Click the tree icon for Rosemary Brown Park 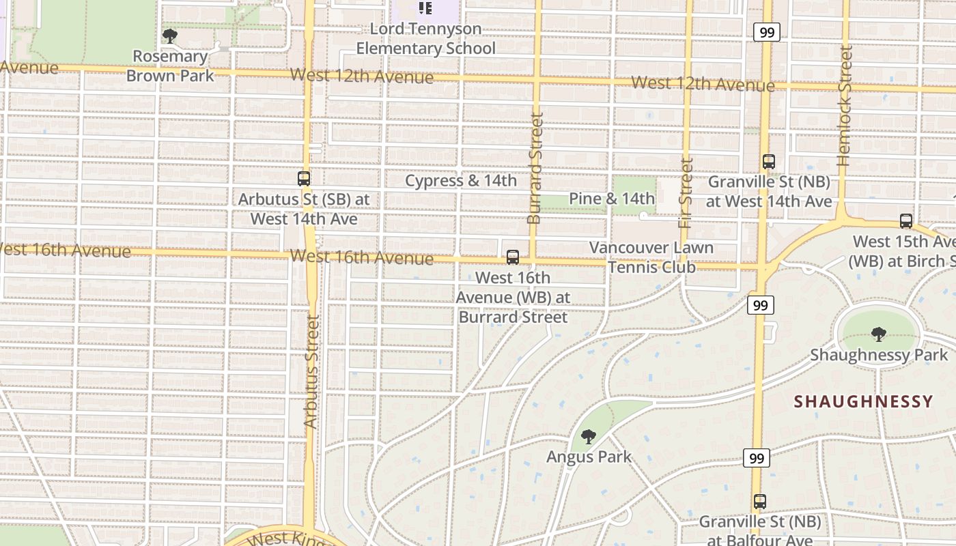coord(170,35)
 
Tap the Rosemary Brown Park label coord(170,66)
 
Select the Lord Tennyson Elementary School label coord(426,39)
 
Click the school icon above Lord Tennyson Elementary coord(425,8)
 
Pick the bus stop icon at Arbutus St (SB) coord(304,179)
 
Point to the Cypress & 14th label coord(461,181)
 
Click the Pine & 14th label coord(612,199)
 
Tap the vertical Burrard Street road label coord(535,168)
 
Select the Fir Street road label coord(686,193)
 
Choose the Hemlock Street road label coord(845,106)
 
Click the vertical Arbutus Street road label coord(311,372)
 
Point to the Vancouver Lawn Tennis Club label coord(651,257)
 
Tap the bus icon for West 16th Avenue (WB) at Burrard coord(513,257)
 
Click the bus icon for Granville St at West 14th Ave coord(769,162)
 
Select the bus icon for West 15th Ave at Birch coord(906,221)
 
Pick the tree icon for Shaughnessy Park coord(879,334)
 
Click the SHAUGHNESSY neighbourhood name coord(864,402)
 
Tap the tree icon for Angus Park coord(589,437)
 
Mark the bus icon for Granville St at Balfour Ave coord(760,502)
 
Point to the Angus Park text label coord(589,457)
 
